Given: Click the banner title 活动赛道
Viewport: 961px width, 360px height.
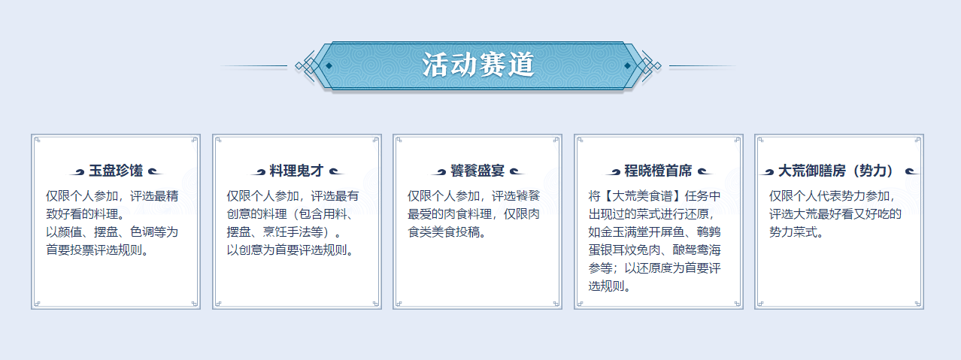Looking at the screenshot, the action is tap(478, 65).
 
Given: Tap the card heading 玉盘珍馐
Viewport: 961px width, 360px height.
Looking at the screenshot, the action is tap(116, 171).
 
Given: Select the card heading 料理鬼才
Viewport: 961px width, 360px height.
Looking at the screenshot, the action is tap(296, 171).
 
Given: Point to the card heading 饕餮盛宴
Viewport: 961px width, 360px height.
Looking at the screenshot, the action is tap(477, 171).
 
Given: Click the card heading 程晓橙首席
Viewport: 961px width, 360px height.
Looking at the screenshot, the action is tap(658, 171).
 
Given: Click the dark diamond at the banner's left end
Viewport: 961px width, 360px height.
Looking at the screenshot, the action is tap(329, 65).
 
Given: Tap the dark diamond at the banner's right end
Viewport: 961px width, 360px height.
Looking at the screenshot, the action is tap(627, 65).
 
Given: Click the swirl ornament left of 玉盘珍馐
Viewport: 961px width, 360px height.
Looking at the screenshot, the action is tap(77, 172).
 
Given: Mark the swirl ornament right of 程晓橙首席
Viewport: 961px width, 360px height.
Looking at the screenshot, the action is tap(705, 172).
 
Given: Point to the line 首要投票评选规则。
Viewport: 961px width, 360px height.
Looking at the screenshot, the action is tap(98, 250).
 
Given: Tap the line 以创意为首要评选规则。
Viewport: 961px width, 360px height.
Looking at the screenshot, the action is tap(290, 250).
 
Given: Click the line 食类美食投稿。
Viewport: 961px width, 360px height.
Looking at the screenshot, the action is tap(447, 231).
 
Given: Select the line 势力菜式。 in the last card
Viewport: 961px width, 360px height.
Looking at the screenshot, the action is tap(796, 231).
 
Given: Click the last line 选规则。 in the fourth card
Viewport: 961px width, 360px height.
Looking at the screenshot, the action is tap(610, 286).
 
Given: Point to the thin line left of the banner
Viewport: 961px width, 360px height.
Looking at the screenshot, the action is tap(253, 66).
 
